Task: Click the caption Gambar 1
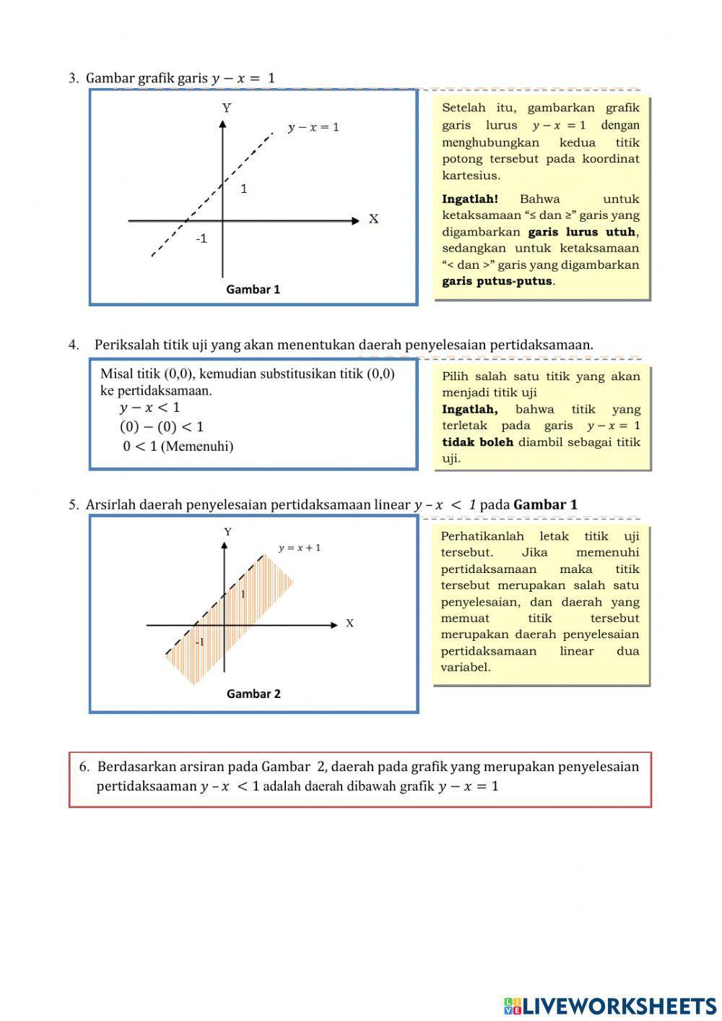click(253, 290)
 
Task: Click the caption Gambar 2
click(253, 694)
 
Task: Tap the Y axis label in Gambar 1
click(227, 108)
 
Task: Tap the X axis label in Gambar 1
click(373, 219)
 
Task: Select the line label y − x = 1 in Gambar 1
click(313, 128)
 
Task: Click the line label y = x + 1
click(300, 548)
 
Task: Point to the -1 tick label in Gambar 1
click(201, 238)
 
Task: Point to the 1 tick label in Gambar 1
click(244, 189)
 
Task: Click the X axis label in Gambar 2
click(349, 623)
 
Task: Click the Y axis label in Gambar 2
click(228, 532)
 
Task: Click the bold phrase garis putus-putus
click(497, 281)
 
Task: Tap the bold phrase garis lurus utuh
click(582, 232)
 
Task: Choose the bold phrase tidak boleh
click(477, 441)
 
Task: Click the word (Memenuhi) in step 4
click(197, 446)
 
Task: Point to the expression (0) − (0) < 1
click(162, 426)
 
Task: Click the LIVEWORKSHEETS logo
click(610, 1005)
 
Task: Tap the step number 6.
click(84, 767)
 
